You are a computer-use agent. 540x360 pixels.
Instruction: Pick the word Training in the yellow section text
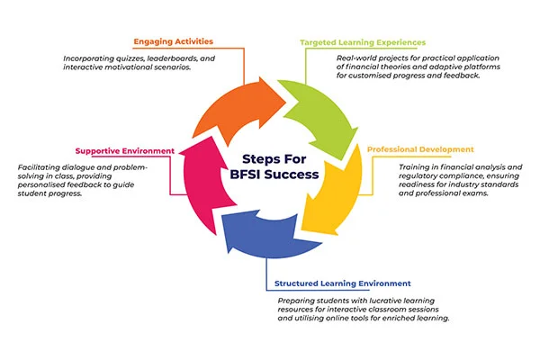(417, 166)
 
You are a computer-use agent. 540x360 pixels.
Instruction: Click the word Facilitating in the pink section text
(41, 166)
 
